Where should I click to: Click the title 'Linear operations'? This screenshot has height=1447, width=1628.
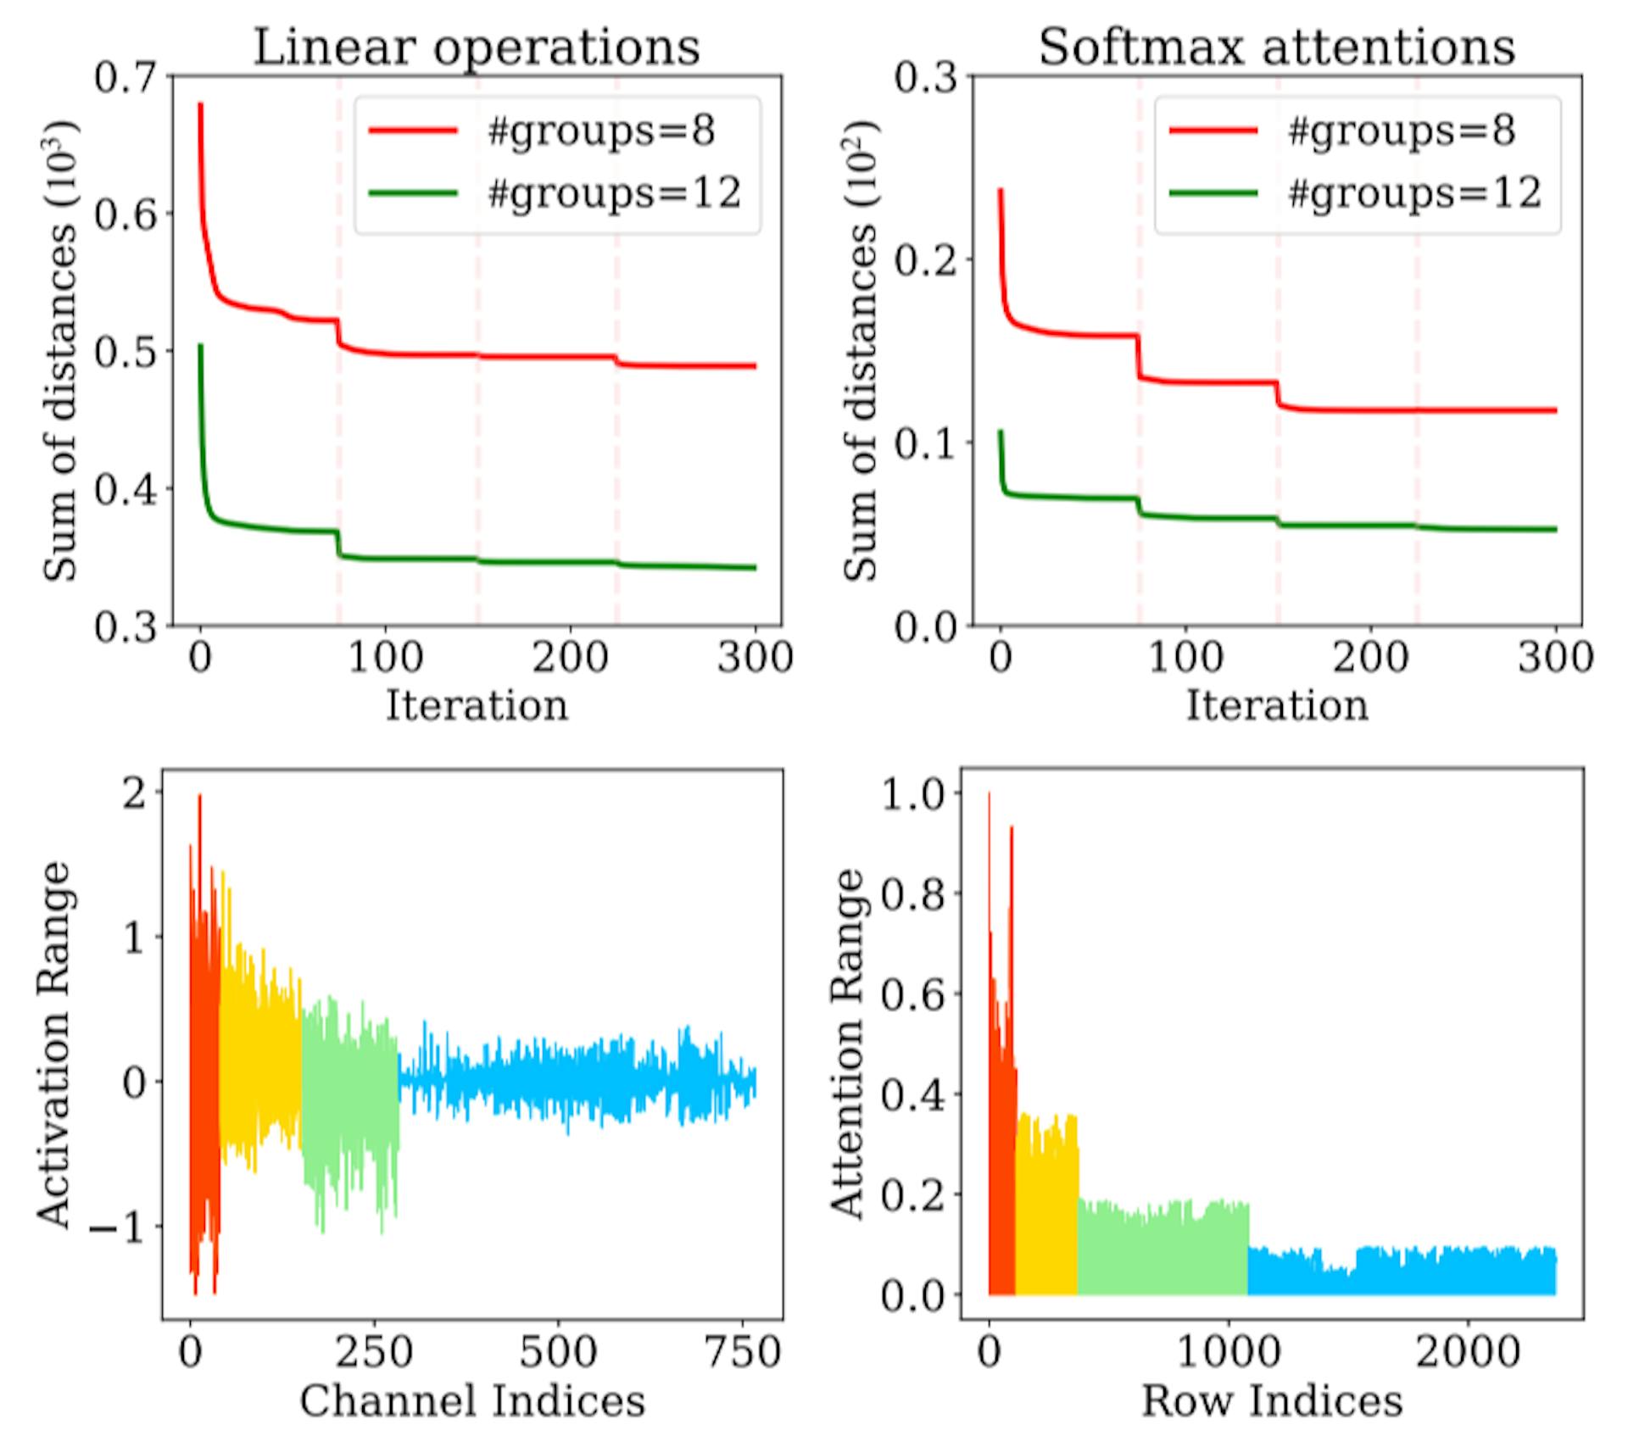click(x=477, y=47)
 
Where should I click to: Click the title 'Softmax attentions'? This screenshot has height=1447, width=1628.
click(x=1276, y=47)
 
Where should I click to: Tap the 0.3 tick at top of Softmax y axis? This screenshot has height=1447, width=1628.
click(x=925, y=78)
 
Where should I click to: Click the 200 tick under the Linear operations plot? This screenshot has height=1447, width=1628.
click(x=570, y=658)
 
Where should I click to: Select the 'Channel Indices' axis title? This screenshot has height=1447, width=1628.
click(x=472, y=1400)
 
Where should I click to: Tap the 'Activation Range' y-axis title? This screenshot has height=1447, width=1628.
click(x=54, y=1044)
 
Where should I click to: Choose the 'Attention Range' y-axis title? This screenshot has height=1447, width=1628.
click(x=846, y=1044)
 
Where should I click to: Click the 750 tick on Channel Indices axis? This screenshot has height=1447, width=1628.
click(x=743, y=1351)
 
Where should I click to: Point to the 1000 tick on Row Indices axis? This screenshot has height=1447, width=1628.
click(x=1228, y=1351)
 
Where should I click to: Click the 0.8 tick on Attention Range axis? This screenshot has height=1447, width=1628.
click(x=912, y=893)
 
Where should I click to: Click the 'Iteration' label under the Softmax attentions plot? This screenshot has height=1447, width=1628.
click(x=1276, y=705)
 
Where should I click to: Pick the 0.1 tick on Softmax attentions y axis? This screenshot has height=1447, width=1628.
click(x=925, y=442)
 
